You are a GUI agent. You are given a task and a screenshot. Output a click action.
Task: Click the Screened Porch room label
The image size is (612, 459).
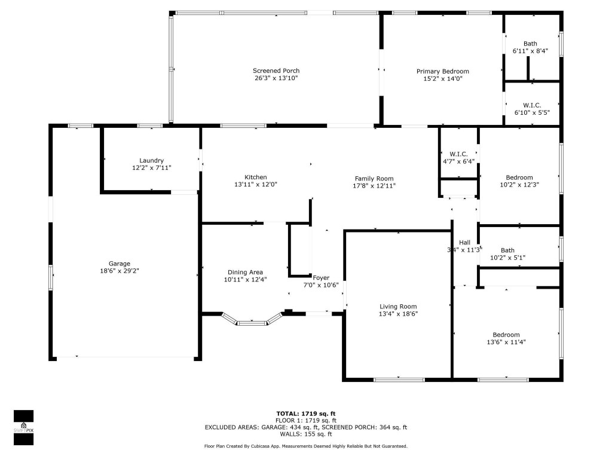[x=276, y=71]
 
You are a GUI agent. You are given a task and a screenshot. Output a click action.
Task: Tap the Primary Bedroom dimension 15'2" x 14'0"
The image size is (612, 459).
[x=442, y=78]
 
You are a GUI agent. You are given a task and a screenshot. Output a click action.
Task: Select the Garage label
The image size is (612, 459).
[x=120, y=264]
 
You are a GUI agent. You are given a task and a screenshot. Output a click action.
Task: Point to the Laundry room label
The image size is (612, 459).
[x=151, y=160]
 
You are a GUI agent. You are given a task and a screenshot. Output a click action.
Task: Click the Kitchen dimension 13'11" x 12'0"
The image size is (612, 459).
[x=255, y=185]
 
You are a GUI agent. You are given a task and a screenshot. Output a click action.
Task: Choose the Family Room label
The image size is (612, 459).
[x=374, y=178]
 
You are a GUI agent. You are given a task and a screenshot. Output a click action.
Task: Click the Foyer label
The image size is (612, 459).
[x=321, y=277]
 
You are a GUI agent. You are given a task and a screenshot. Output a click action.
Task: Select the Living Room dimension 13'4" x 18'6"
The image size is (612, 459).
[x=397, y=314]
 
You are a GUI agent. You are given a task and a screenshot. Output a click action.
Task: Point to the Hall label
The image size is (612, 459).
[x=464, y=242]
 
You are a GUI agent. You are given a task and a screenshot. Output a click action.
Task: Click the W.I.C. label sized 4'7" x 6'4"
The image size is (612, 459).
[x=458, y=154]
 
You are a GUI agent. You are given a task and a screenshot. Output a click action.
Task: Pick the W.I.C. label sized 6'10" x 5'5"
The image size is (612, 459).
[x=532, y=105]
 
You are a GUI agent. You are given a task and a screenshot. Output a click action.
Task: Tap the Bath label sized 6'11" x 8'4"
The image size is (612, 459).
[x=530, y=44]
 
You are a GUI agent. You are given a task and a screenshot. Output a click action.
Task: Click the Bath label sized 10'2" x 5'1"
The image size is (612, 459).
[x=507, y=250]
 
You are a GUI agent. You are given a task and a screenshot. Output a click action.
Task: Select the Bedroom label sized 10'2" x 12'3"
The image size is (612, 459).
[x=519, y=178]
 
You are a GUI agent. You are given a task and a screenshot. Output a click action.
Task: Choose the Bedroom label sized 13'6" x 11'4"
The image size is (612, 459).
[x=506, y=335]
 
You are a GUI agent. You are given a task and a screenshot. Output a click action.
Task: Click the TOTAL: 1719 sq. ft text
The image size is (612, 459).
[x=305, y=414]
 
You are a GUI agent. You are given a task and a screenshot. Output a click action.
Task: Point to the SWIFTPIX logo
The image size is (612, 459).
[x=23, y=427]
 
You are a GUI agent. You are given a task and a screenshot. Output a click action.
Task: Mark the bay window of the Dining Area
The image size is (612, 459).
[x=252, y=321]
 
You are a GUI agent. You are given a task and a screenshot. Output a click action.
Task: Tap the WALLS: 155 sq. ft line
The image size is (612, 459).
[x=305, y=434]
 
